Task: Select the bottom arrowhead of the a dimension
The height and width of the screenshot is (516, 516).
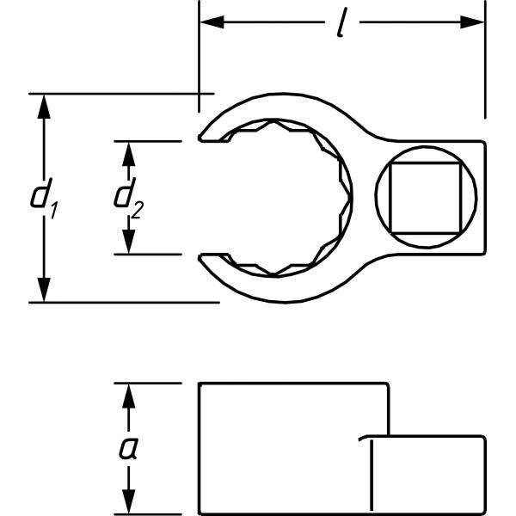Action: coord(130,505)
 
